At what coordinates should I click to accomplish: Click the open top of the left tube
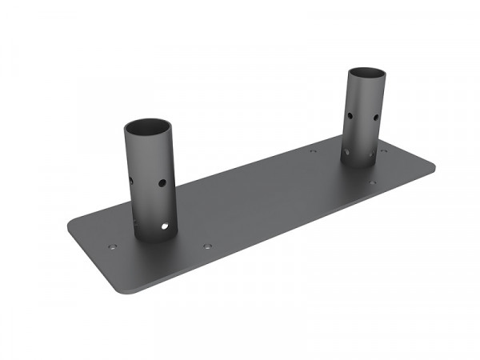click(150, 128)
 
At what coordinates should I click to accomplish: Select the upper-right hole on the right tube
click(375, 118)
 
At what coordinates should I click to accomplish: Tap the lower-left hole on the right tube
click(346, 150)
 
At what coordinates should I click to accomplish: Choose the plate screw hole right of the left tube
click(207, 246)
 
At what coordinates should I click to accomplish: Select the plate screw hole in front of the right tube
click(372, 182)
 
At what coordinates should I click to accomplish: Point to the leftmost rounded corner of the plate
click(74, 221)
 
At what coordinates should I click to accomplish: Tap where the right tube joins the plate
click(364, 163)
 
